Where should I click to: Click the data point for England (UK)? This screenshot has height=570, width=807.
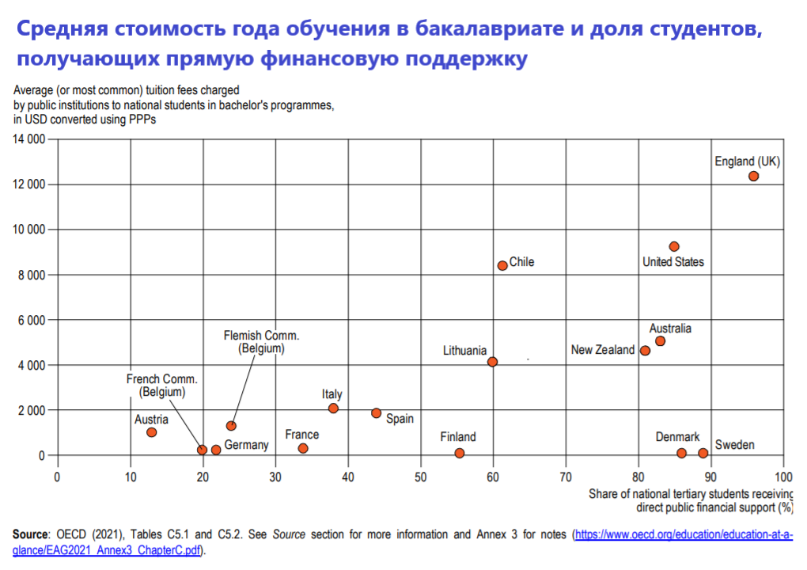point(753,176)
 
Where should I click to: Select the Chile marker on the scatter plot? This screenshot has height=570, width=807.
point(502,265)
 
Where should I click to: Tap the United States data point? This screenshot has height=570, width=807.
point(674,246)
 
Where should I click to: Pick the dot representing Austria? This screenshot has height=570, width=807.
point(151,432)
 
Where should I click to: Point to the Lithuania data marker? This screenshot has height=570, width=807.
point(492,362)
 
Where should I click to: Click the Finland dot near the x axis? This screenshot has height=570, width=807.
point(460,453)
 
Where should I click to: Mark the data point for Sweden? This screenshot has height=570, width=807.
point(703,453)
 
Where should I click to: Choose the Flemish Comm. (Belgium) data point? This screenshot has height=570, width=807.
point(231,426)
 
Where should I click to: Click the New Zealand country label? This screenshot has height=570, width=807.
point(602,350)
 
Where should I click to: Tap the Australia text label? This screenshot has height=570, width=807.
point(670,329)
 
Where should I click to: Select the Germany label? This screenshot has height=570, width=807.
point(246,446)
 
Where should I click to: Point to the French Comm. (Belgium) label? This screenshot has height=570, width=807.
point(161,386)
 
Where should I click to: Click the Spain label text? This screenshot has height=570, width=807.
point(400,419)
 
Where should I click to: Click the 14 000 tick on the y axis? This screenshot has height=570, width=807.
point(28,140)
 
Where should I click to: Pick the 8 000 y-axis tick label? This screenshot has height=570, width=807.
point(32,275)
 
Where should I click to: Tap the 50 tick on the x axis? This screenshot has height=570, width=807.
point(420,477)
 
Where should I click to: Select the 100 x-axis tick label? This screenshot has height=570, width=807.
point(783,477)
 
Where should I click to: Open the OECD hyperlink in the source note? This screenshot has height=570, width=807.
point(683,535)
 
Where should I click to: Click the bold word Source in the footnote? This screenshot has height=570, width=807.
point(30,535)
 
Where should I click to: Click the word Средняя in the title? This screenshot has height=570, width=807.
point(63,29)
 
